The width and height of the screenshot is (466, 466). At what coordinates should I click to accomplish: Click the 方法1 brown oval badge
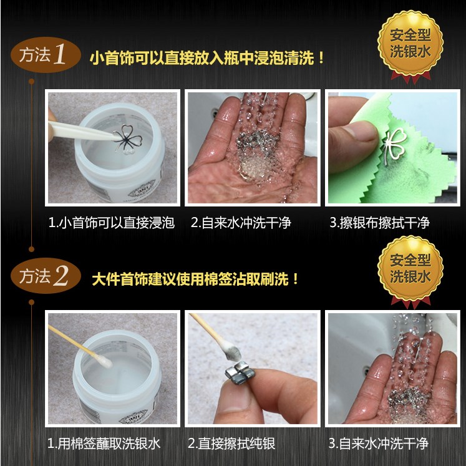pyautogui.click(x=46, y=55)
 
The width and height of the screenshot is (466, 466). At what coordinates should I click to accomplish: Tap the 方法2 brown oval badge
pyautogui.click(x=46, y=276)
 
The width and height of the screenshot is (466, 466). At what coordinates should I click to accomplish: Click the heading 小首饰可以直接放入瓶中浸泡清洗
pyautogui.click(x=207, y=57)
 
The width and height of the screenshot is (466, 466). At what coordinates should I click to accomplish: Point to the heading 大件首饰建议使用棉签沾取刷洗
pyautogui.click(x=195, y=279)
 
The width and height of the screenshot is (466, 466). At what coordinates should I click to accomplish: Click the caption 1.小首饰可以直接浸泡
pyautogui.click(x=112, y=223)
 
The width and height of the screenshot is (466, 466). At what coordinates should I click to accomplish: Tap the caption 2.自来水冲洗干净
pyautogui.click(x=241, y=223)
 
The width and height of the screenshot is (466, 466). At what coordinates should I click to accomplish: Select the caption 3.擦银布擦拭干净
pyautogui.click(x=379, y=223)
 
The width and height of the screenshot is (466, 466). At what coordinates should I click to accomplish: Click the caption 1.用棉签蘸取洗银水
pyautogui.click(x=104, y=444)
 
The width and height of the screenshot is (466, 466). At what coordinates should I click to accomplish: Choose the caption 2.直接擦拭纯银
pyautogui.click(x=231, y=444)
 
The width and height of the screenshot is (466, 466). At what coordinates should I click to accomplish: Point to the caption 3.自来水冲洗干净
pyautogui.click(x=378, y=444)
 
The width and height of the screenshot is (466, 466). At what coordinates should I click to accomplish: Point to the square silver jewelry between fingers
pyautogui.click(x=241, y=372)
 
